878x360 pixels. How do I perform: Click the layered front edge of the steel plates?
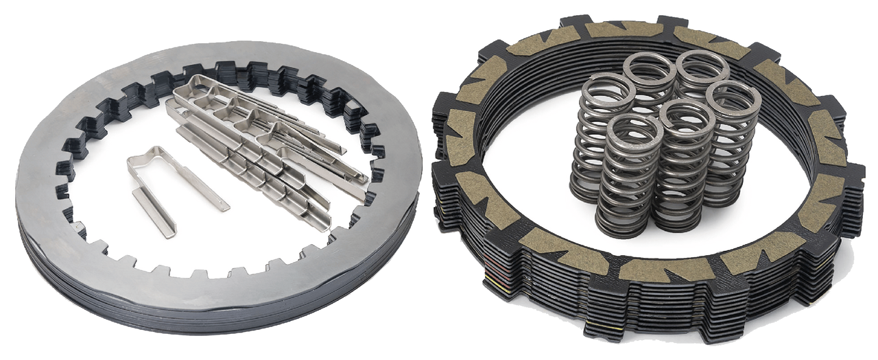[206, 302]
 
